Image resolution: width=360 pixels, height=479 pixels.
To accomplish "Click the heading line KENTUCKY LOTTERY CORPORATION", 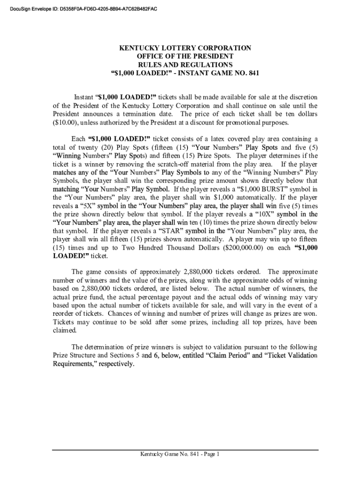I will coord(185,48).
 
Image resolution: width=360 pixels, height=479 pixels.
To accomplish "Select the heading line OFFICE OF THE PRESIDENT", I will coord(185,57).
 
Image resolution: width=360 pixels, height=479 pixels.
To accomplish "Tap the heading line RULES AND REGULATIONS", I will coord(185,65).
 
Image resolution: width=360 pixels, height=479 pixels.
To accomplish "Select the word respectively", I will coord(115,364).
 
